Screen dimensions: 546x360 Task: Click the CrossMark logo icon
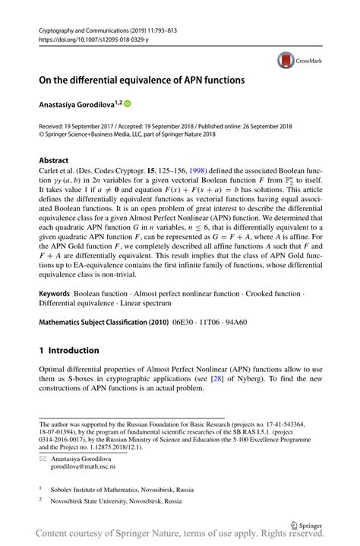(x=286, y=59)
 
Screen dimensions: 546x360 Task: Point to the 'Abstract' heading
(x=54, y=161)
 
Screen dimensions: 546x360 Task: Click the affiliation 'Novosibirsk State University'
(x=107, y=502)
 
